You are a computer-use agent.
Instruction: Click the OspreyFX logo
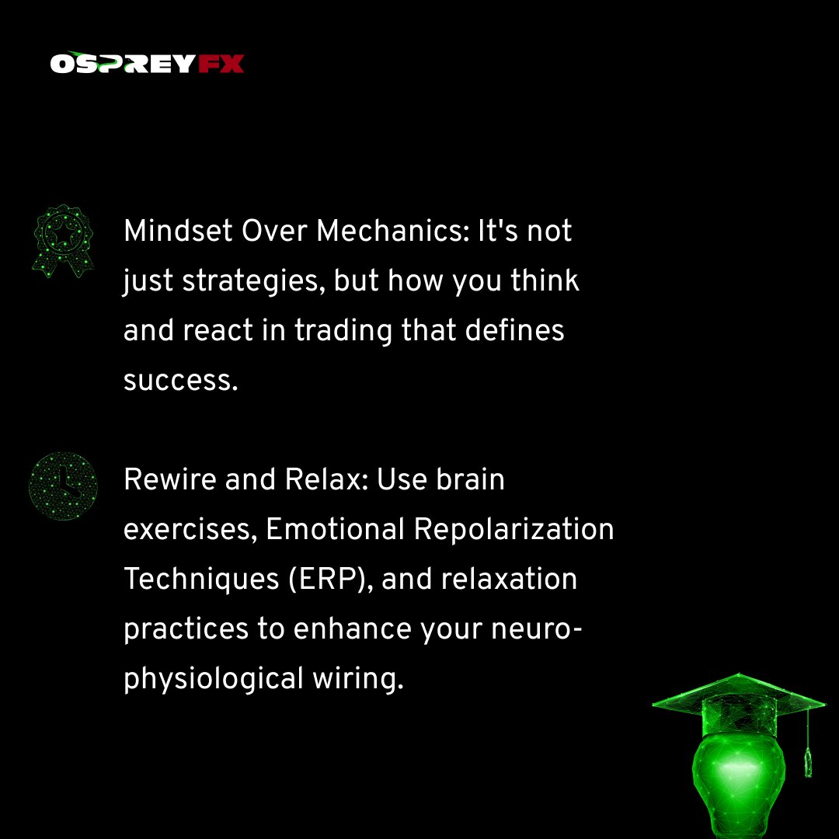point(147,63)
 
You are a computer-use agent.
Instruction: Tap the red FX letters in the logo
point(221,63)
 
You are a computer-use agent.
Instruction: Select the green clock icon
point(62,486)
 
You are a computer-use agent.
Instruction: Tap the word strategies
point(253,281)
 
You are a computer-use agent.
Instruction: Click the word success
point(180,381)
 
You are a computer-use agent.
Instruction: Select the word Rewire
point(169,480)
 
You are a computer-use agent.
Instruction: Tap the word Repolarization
point(513,530)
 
